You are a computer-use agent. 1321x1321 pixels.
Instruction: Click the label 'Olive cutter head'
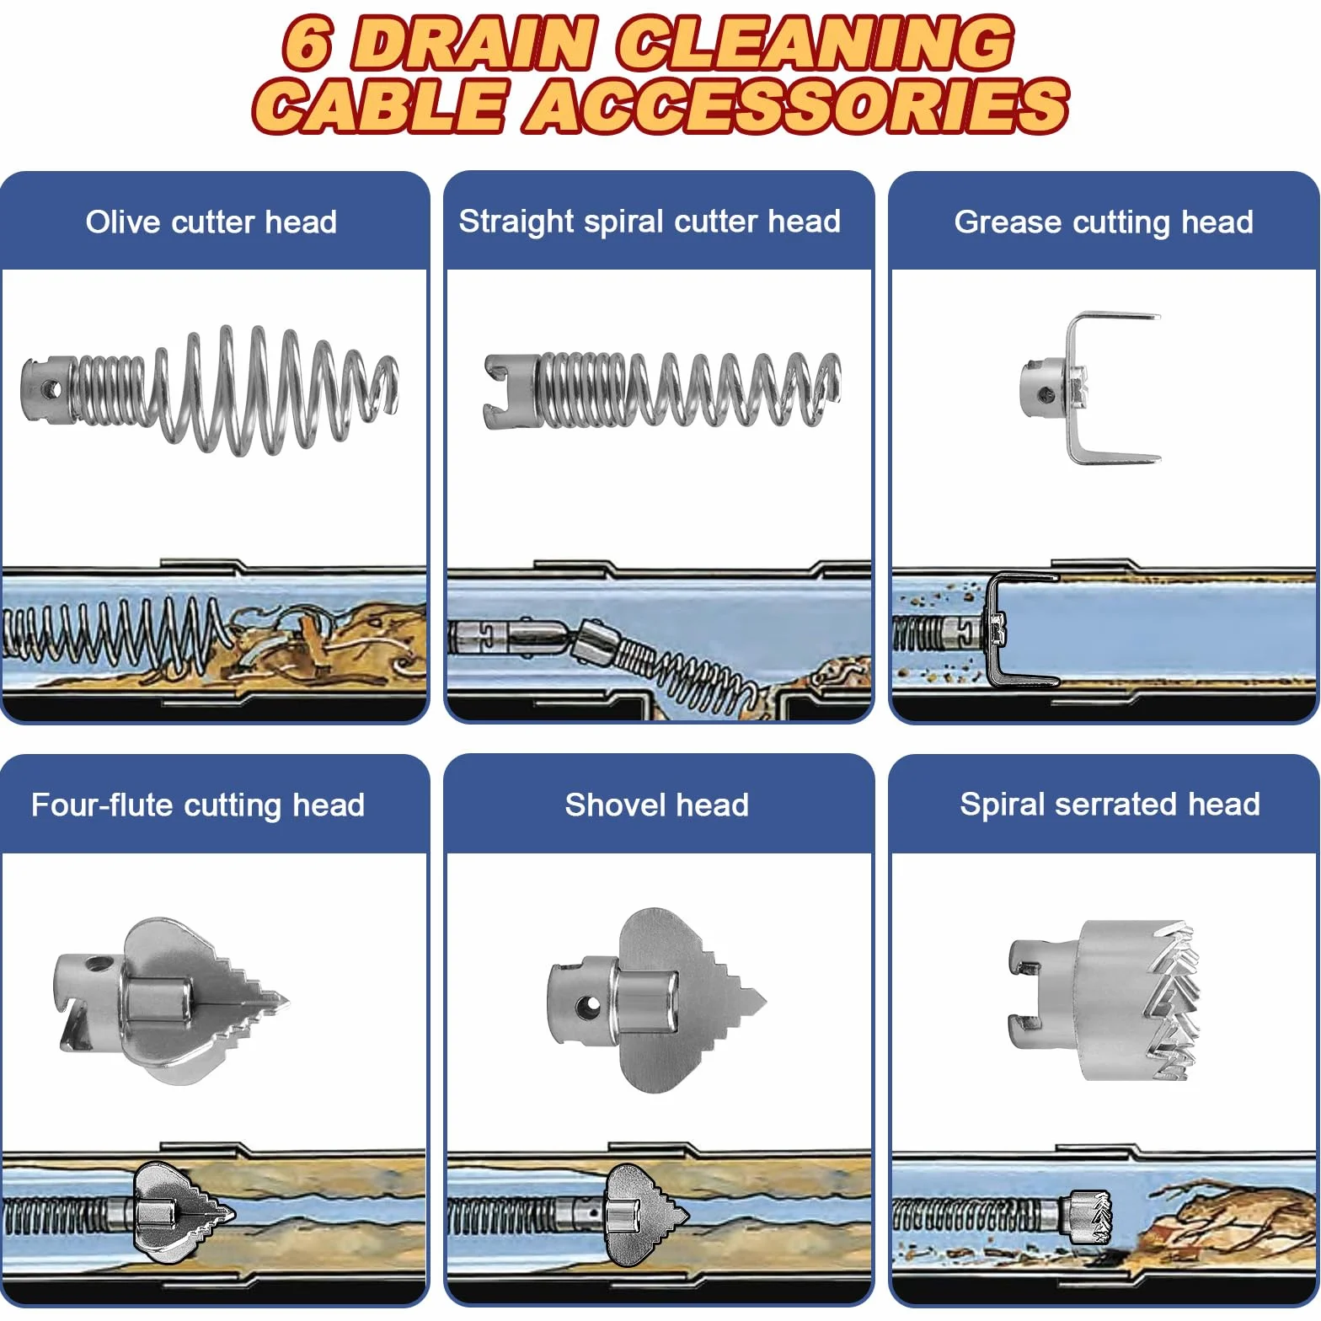point(211,222)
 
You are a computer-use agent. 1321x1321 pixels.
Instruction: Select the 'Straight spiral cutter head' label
point(650,221)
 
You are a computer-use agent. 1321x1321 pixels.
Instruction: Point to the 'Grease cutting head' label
point(1104,222)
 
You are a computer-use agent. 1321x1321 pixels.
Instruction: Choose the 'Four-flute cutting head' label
point(198,805)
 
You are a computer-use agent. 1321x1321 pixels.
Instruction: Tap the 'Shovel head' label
point(656,805)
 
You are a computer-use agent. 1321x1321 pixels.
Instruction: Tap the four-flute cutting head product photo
point(173,1001)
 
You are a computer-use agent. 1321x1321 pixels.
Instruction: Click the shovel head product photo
point(656,1001)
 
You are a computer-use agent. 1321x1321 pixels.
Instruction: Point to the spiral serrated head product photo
point(1104,1001)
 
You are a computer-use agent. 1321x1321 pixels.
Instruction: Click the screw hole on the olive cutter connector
point(51,390)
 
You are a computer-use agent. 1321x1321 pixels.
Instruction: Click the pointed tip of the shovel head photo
point(764,1001)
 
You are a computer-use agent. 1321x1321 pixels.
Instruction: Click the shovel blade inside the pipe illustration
point(644,1215)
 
